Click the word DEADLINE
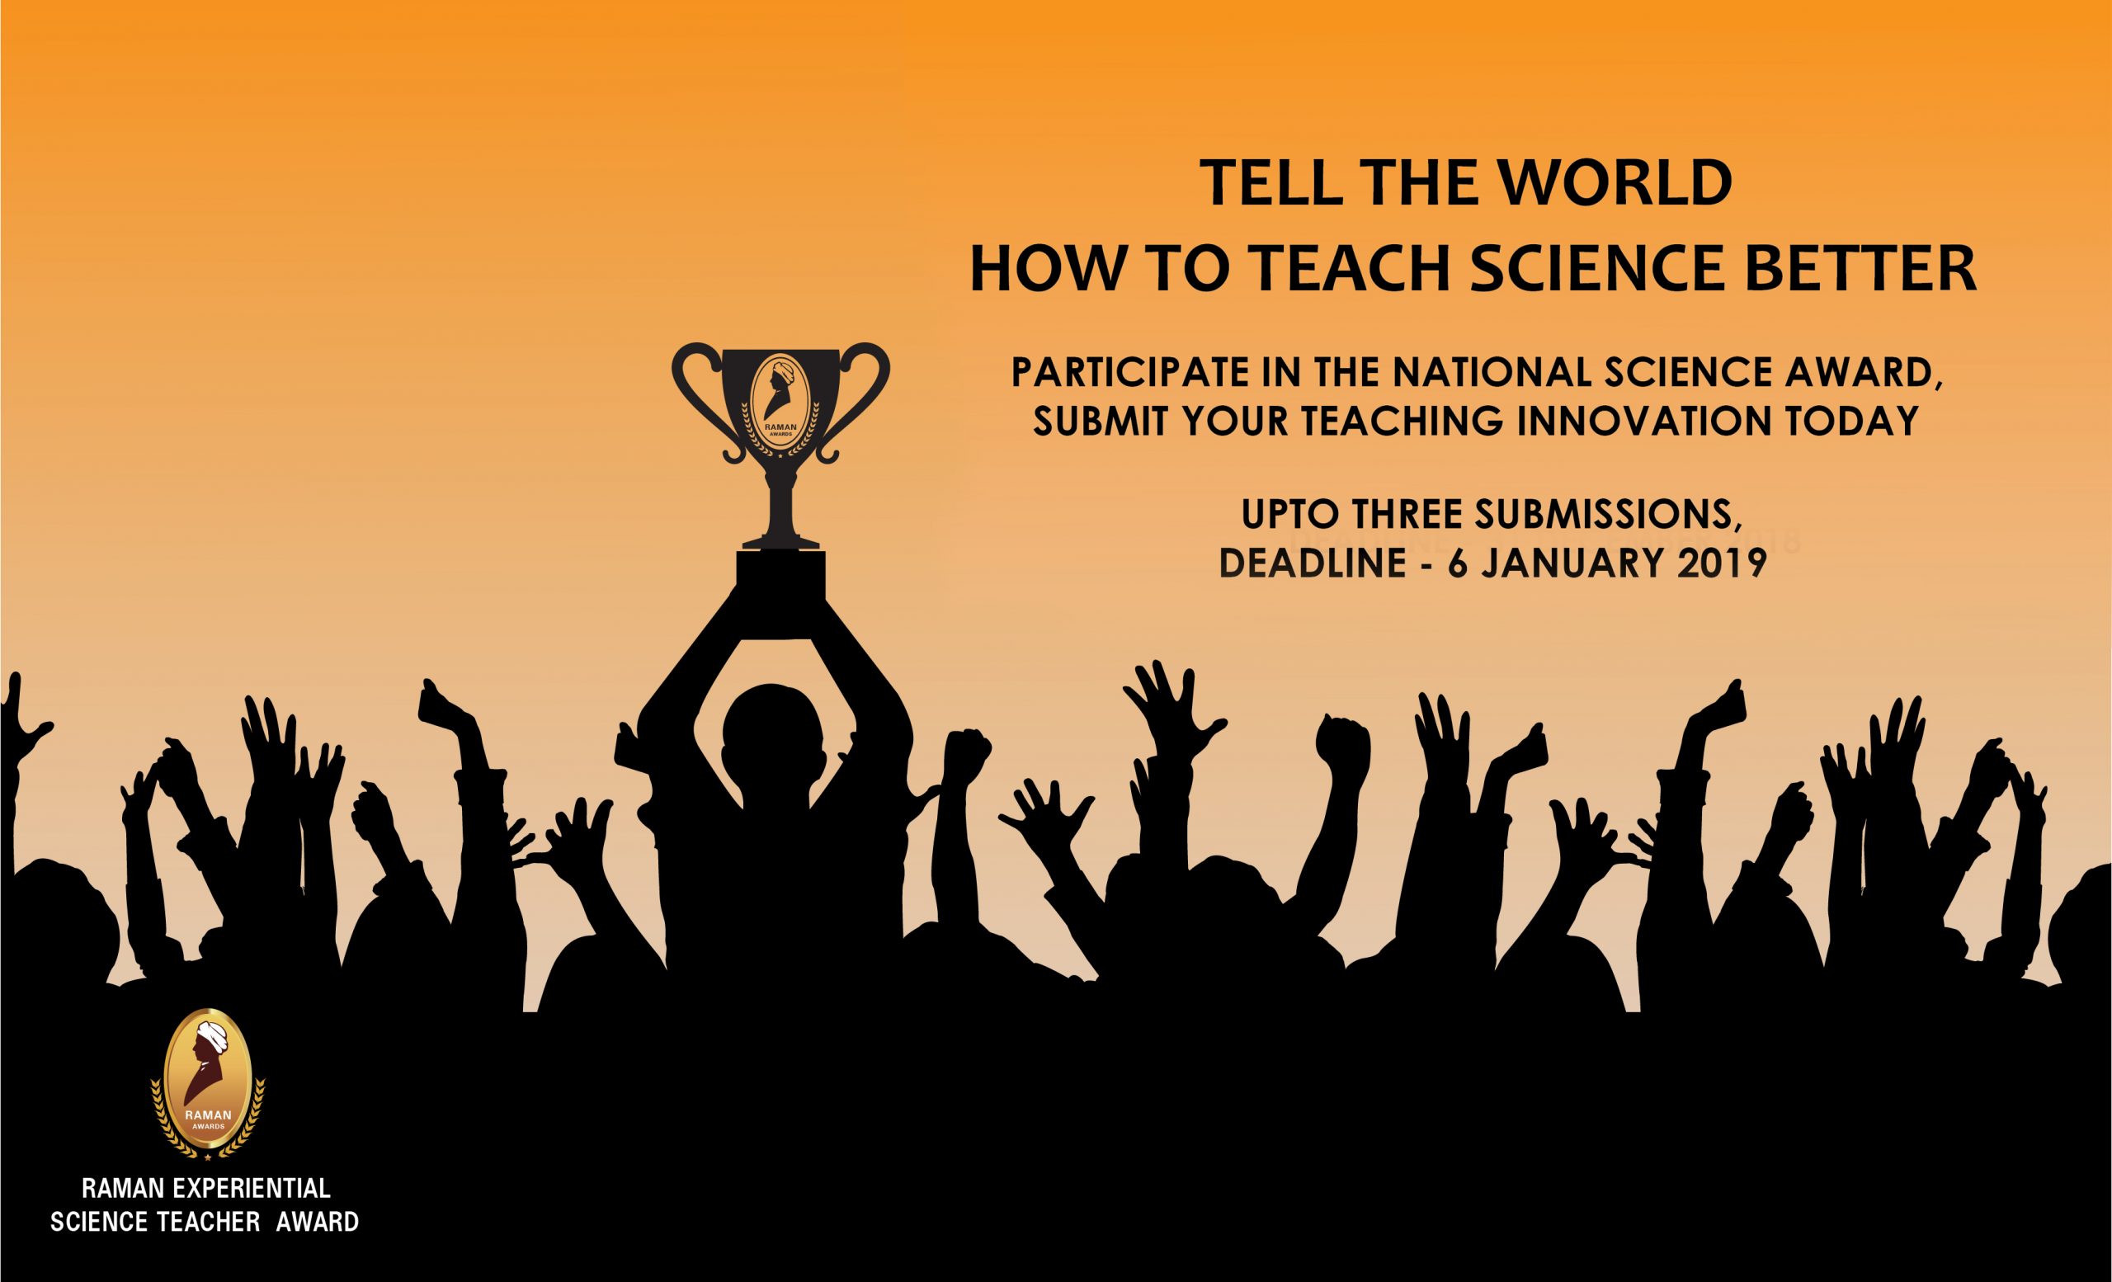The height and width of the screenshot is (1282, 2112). point(1313,562)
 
